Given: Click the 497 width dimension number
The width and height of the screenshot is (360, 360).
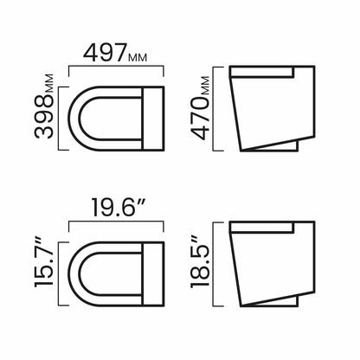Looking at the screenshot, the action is pos(105,53).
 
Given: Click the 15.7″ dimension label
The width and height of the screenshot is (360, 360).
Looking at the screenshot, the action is pos(44,262).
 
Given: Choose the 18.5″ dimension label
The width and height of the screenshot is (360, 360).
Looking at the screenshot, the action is pos(200,262).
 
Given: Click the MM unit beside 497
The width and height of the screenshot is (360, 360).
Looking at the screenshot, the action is pos(138,58).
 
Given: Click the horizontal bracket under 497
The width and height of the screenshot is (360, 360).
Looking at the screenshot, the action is pos(116,67).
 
